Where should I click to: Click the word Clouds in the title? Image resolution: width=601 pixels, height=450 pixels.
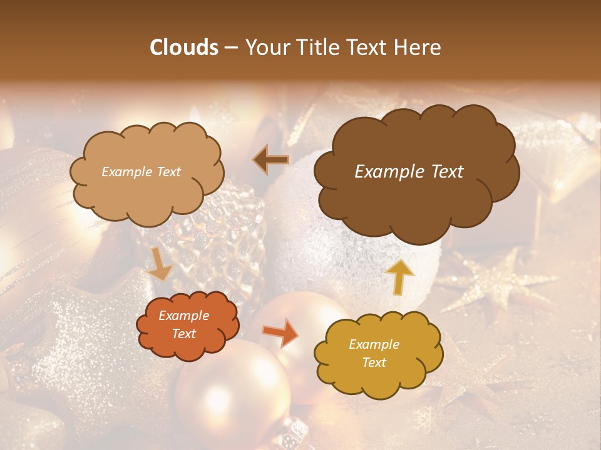coord(184,47)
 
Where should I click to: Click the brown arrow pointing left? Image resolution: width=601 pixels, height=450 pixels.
coord(270,160)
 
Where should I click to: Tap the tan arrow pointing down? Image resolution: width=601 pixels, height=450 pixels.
coord(159,263)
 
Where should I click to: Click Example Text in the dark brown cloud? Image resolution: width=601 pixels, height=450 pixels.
coord(409,172)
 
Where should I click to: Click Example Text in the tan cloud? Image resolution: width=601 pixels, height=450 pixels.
coord(141,172)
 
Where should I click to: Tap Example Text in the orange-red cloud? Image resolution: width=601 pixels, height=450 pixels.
coord(183,325)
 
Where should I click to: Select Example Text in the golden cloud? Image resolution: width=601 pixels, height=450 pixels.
coord(374,353)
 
